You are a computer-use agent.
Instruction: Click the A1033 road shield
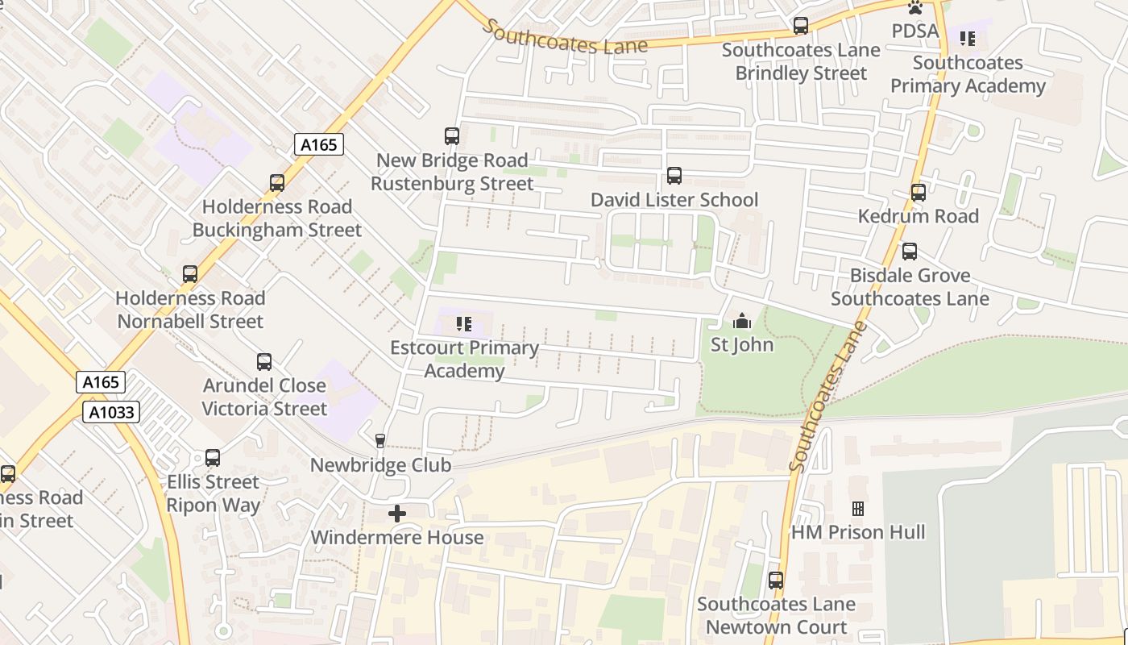112,413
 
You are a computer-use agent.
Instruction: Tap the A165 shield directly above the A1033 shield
101,382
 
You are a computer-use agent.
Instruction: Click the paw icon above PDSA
915,8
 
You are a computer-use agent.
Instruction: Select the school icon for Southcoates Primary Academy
968,39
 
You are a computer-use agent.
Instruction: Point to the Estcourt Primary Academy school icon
464,324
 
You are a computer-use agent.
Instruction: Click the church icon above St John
742,322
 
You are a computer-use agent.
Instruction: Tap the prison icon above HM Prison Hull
858,509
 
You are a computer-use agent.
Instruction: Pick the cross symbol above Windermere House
397,514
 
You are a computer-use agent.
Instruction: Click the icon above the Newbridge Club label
380,441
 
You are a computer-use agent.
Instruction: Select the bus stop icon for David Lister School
674,176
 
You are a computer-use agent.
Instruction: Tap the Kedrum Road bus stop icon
919,193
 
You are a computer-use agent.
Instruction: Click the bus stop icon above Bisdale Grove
910,252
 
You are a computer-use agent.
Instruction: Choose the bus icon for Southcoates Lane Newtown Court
776,580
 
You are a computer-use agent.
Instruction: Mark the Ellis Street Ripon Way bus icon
213,458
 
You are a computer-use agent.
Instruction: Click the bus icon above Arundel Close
264,362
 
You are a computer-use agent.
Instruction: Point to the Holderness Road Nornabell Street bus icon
190,274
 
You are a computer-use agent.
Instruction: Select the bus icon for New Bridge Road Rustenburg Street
452,136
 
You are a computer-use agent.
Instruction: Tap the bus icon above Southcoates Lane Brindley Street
801,26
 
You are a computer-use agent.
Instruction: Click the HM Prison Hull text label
858,532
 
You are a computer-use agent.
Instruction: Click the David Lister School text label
674,200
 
